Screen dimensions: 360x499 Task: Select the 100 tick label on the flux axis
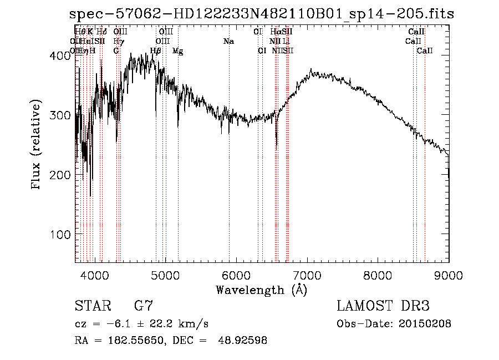pos(58,234)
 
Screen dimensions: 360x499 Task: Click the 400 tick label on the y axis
pos(58,55)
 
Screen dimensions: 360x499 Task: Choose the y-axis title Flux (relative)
pos(37,145)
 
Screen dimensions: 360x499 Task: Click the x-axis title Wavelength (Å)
pos(261,290)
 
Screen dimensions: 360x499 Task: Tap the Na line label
pos(228,41)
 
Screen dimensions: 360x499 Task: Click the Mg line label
pos(178,51)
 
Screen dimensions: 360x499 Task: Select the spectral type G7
pos(144,306)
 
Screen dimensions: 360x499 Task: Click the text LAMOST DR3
pos(383,306)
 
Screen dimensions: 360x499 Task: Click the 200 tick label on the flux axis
pos(58,175)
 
